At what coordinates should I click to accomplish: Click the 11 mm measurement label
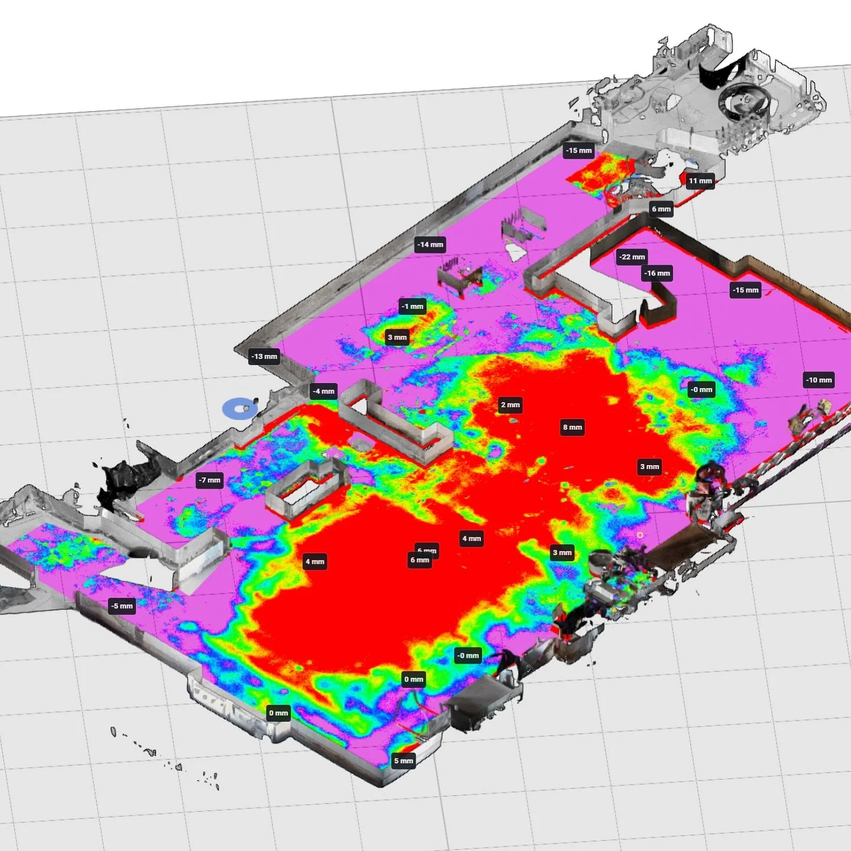click(700, 181)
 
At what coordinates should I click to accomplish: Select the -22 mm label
click(632, 257)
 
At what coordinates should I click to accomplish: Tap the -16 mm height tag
click(657, 274)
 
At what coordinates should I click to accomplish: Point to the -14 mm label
click(430, 245)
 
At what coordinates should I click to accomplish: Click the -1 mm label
click(412, 306)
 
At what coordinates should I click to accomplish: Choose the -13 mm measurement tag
click(264, 356)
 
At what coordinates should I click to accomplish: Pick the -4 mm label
click(324, 391)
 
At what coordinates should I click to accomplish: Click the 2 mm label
click(510, 405)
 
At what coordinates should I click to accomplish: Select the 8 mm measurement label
click(572, 427)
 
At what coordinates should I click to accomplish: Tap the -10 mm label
click(818, 380)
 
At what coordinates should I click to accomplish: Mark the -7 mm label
click(210, 480)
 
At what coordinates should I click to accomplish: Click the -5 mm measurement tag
click(122, 606)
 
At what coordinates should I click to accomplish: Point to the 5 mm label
click(404, 761)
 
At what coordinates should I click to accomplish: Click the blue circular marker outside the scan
click(239, 409)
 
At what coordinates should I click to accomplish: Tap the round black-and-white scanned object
click(744, 102)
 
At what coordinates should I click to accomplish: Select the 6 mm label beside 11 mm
click(661, 209)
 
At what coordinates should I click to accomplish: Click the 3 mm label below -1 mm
click(397, 337)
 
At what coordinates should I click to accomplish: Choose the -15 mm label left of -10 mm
click(745, 290)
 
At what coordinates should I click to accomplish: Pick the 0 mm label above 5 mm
click(413, 679)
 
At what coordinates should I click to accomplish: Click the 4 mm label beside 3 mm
click(471, 538)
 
